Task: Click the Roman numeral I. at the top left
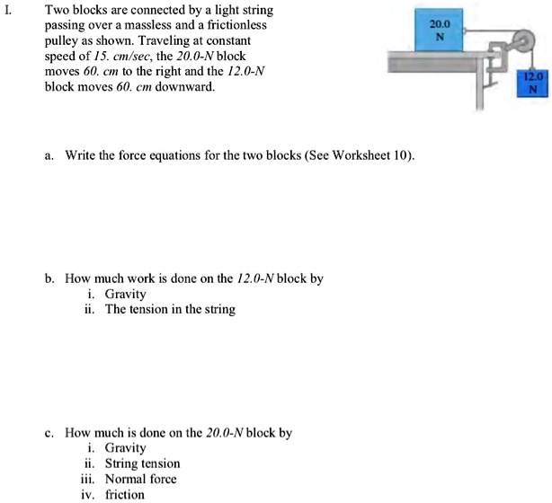click(8, 11)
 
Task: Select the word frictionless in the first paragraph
click(236, 27)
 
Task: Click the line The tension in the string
click(170, 309)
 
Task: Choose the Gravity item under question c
click(125, 448)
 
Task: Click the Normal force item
click(140, 479)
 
